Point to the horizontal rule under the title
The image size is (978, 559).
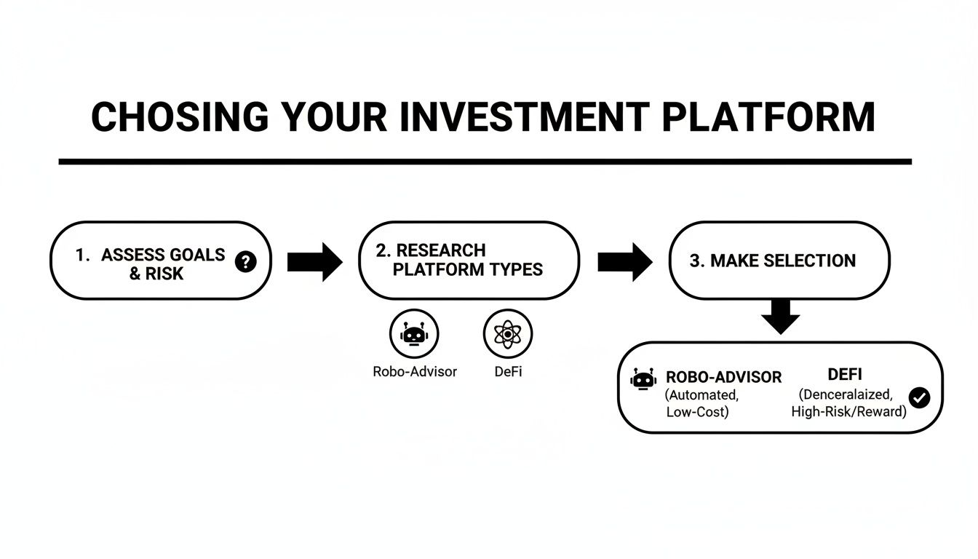pyautogui.click(x=485, y=162)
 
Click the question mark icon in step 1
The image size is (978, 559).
pyautogui.click(x=246, y=261)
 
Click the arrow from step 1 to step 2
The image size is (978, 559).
pyautogui.click(x=314, y=261)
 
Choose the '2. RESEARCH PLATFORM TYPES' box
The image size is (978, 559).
pyautogui.click(x=469, y=260)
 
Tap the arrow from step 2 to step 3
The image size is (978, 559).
pyautogui.click(x=624, y=261)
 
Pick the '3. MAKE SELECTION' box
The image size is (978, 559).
pyautogui.click(x=779, y=260)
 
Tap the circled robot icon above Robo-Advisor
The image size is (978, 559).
pyautogui.click(x=414, y=334)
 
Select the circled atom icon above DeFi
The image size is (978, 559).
pyautogui.click(x=508, y=334)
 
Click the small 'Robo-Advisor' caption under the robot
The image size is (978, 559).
pyautogui.click(x=415, y=371)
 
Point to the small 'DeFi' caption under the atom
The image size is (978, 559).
pyautogui.click(x=508, y=371)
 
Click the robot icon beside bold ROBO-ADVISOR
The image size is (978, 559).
pyautogui.click(x=643, y=378)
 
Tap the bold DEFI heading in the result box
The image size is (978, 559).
pyautogui.click(x=845, y=375)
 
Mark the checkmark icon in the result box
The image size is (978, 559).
pyautogui.click(x=920, y=397)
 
